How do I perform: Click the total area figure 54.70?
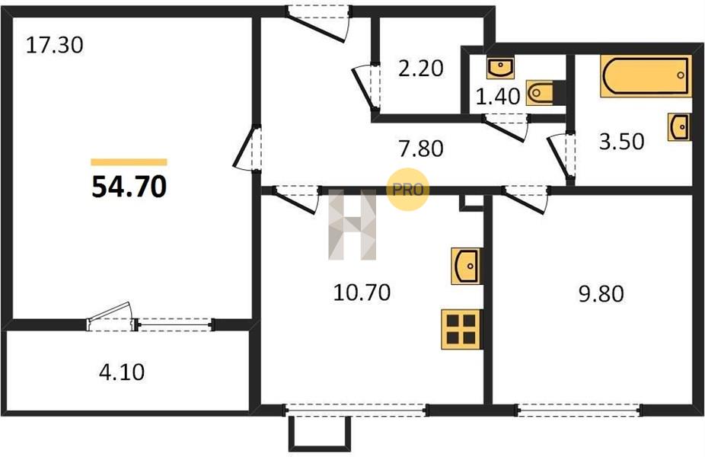tap(129, 187)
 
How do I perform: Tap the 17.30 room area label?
tap(54, 46)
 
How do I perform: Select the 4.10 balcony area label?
tap(122, 372)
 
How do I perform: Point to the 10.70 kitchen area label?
tap(362, 292)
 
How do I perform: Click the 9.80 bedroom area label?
tap(601, 294)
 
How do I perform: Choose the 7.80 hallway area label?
tap(421, 149)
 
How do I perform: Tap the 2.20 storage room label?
tap(421, 69)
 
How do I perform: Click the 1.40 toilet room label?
tap(498, 96)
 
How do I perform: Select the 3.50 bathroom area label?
tap(621, 141)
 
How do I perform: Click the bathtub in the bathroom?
tap(646, 76)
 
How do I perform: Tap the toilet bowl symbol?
tap(538, 93)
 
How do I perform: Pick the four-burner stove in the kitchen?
tap(462, 330)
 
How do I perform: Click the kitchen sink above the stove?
tap(467, 266)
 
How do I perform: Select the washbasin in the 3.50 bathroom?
tap(679, 127)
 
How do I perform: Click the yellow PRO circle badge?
tap(408, 190)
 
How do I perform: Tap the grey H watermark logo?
tap(352, 225)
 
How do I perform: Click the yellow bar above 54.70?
tap(129, 162)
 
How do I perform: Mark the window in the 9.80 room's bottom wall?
tap(579, 410)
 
